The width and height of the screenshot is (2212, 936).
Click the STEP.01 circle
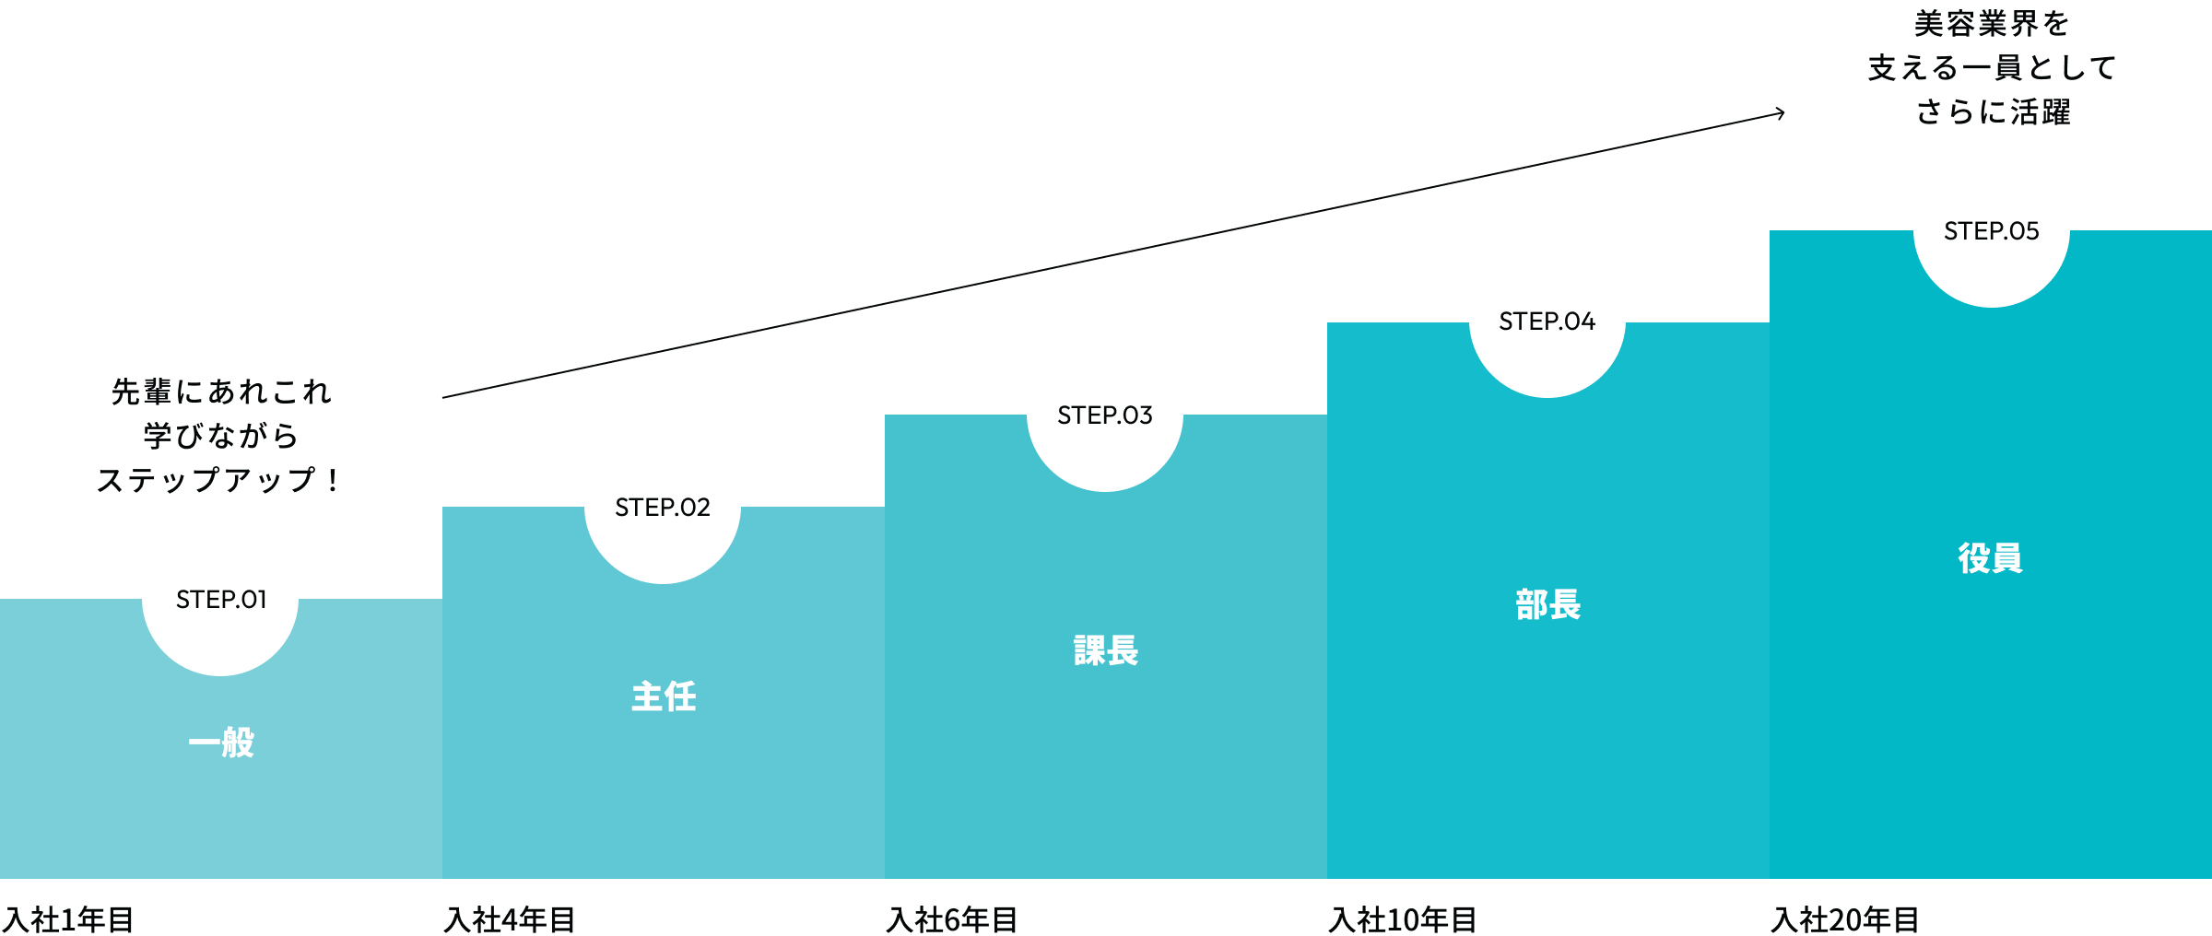point(220,598)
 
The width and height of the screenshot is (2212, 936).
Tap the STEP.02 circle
point(663,506)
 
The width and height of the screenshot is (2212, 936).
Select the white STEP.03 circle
point(1105,414)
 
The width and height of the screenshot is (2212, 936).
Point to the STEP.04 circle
point(1547,320)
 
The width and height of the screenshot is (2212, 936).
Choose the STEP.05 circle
point(1992,229)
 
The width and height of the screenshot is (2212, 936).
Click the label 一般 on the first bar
point(221,743)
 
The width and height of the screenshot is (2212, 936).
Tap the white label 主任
point(664,696)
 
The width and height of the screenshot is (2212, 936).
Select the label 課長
point(1106,650)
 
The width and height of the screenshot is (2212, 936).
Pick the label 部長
point(1548,604)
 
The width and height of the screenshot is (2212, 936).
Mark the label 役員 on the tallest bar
point(1991,558)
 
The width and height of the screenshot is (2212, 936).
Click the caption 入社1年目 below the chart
point(70,918)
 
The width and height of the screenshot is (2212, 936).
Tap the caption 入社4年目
point(511,918)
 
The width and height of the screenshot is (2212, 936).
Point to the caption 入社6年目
point(953,918)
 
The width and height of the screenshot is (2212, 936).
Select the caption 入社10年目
point(1403,918)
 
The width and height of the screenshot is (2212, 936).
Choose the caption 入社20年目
point(1846,918)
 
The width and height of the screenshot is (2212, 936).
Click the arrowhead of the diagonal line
point(1781,113)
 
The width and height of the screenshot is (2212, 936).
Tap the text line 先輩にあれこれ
point(221,392)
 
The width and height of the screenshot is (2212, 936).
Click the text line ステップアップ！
point(219,480)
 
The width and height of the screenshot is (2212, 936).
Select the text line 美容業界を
point(1991,24)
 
